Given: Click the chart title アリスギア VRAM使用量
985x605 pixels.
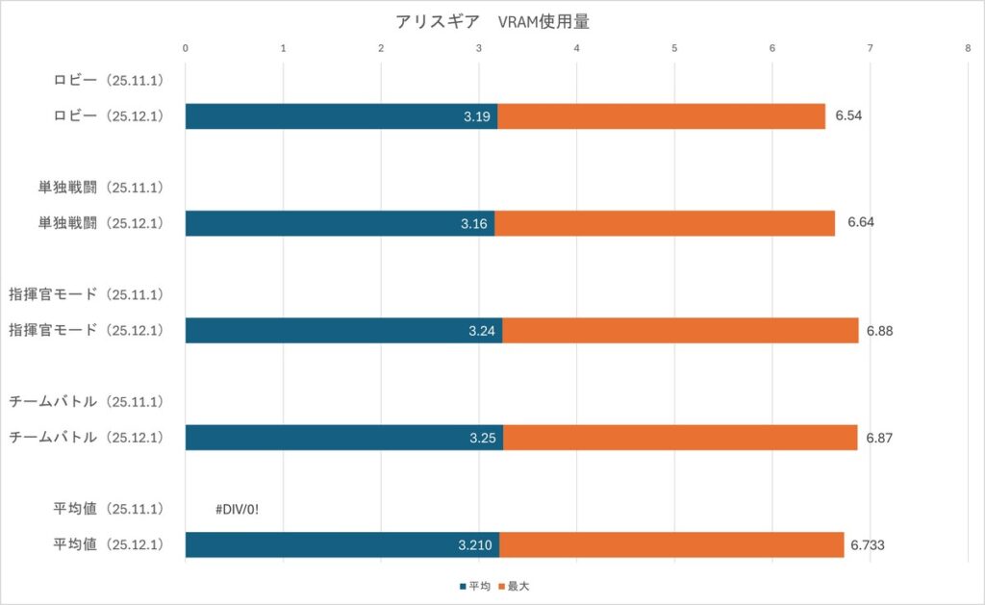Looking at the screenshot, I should tap(492, 21).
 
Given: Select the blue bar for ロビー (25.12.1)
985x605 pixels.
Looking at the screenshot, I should tap(341, 116).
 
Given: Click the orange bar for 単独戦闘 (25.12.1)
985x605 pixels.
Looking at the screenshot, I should tap(664, 223).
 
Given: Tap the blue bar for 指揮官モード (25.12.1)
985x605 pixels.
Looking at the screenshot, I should tap(343, 330).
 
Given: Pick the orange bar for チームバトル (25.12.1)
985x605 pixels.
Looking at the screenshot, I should tap(679, 438).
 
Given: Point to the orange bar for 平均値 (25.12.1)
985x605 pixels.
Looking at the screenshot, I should tap(670, 544).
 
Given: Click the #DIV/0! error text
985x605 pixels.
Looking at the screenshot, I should tap(238, 509).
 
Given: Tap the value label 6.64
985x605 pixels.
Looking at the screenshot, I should tap(860, 222).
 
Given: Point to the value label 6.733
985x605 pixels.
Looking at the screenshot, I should tap(868, 544).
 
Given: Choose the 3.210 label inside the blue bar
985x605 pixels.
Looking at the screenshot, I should tap(475, 545).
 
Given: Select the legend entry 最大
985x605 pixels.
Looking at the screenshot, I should tap(516, 585).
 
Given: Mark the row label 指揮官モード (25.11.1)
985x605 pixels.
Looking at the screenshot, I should tap(87, 293).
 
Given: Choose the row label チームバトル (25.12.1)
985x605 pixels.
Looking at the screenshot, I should tap(87, 437).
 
